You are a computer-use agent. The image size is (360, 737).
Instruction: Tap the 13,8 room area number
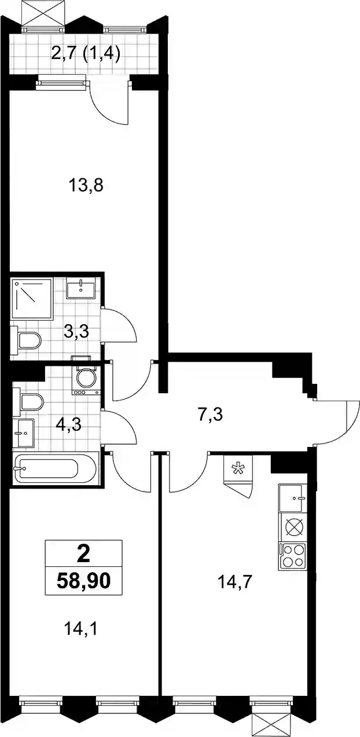(86, 186)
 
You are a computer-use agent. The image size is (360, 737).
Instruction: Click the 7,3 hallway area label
(210, 415)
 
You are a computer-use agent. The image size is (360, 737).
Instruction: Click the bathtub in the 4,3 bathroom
(54, 469)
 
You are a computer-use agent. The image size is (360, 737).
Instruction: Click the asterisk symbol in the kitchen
(237, 469)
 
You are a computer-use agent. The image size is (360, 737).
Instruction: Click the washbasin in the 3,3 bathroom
(81, 288)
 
